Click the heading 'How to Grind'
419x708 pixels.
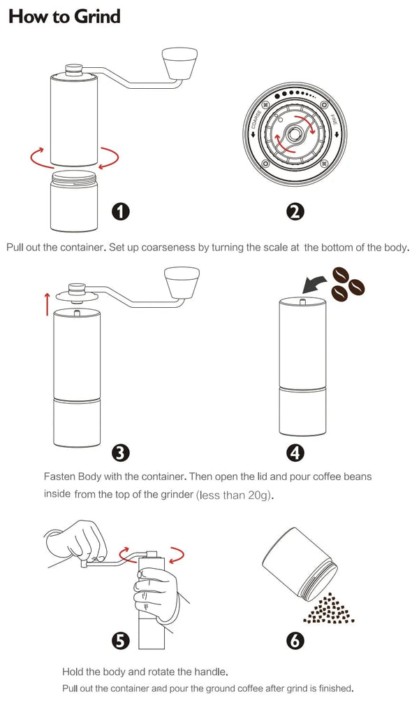[x=64, y=17]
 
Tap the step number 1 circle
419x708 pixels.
[x=122, y=211]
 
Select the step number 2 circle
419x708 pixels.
[x=295, y=211]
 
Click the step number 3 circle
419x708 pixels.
[x=122, y=453]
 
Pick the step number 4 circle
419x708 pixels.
[x=295, y=453]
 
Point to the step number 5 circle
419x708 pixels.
[x=122, y=639]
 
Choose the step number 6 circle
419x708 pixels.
[x=295, y=639]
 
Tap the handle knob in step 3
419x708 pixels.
[x=182, y=281]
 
